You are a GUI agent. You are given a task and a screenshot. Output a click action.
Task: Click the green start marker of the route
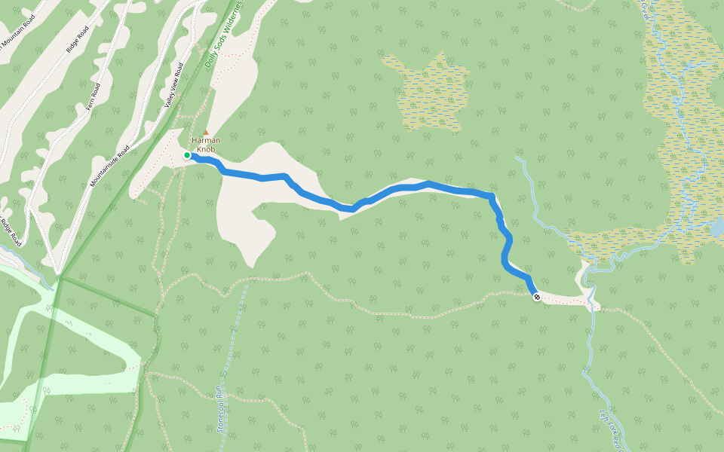187,155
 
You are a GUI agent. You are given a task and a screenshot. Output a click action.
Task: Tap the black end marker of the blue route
536,298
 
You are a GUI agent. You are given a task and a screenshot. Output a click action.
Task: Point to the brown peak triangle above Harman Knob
204,133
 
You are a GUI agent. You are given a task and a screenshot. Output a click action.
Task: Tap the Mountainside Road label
110,165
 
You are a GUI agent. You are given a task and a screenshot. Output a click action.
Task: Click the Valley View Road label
174,87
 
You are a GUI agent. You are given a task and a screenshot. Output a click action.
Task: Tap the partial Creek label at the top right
644,11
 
